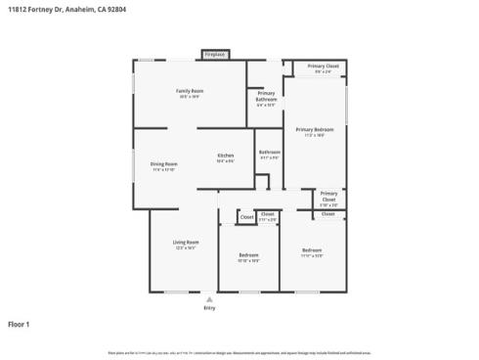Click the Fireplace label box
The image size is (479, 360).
(x=215, y=55)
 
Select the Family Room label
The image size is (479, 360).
(x=190, y=90)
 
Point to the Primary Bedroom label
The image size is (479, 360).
(x=315, y=129)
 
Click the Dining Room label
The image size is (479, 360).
(x=163, y=163)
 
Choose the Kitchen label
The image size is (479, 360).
(x=226, y=156)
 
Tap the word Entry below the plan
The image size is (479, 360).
(x=209, y=308)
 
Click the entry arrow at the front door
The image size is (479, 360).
(x=209, y=297)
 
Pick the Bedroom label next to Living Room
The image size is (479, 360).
(x=248, y=255)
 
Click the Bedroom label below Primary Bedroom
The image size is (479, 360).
(x=311, y=249)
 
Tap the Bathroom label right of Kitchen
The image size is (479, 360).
(x=270, y=152)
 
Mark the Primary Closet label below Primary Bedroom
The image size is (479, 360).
(x=329, y=194)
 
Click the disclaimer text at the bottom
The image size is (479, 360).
(x=239, y=351)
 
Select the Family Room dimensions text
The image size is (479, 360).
(x=190, y=97)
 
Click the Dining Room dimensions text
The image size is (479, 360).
(x=163, y=170)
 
